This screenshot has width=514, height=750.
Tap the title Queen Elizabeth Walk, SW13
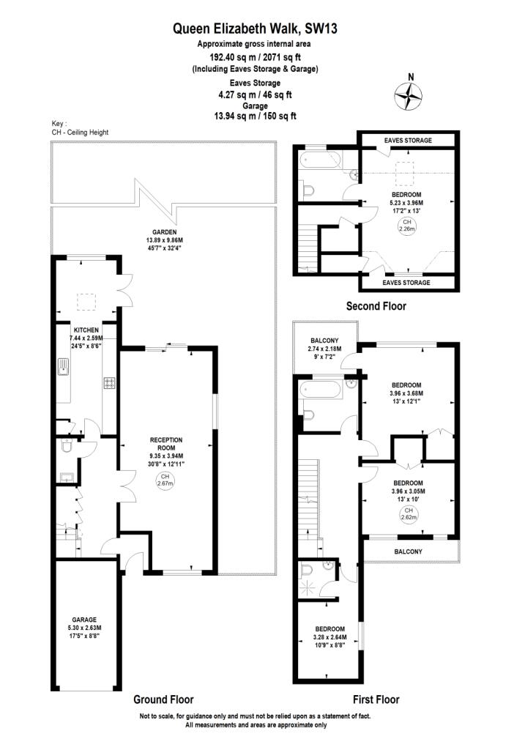pyautogui.click(x=255, y=29)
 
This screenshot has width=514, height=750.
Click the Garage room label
pyautogui.click(x=85, y=620)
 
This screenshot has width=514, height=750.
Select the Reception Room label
pyautogui.click(x=166, y=444)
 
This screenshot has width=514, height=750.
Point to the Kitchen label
pyautogui.click(x=86, y=330)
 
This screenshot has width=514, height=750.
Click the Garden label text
pyautogui.click(x=165, y=232)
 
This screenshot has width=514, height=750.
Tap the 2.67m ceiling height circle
pyautogui.click(x=165, y=480)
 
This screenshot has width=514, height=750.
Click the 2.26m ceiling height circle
pyautogui.click(x=407, y=226)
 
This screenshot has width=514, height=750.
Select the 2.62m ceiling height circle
pyautogui.click(x=409, y=514)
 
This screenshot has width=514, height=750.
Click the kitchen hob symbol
pyautogui.click(x=110, y=382)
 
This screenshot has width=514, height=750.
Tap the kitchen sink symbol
pyautogui.click(x=62, y=367)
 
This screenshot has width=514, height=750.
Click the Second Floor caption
pyautogui.click(x=376, y=306)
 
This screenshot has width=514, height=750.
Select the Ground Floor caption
pyautogui.click(x=163, y=699)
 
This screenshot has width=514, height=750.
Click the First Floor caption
pyautogui.click(x=376, y=699)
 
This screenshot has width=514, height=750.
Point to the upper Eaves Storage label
pyautogui.click(x=408, y=140)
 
